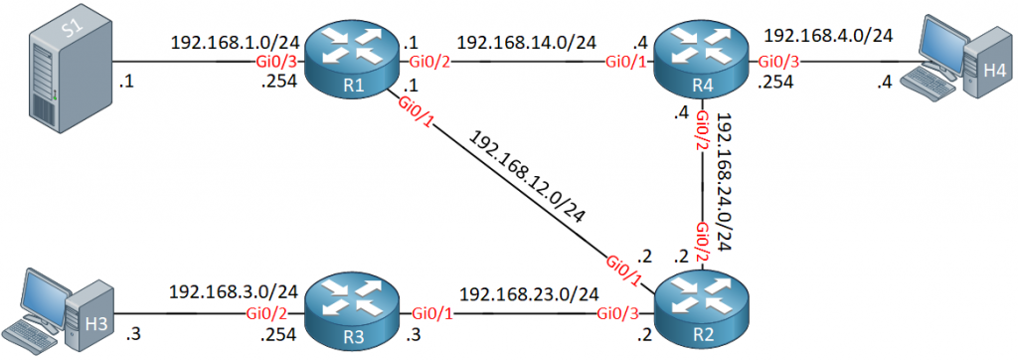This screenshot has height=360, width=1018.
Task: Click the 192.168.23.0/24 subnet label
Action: click(x=529, y=294)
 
